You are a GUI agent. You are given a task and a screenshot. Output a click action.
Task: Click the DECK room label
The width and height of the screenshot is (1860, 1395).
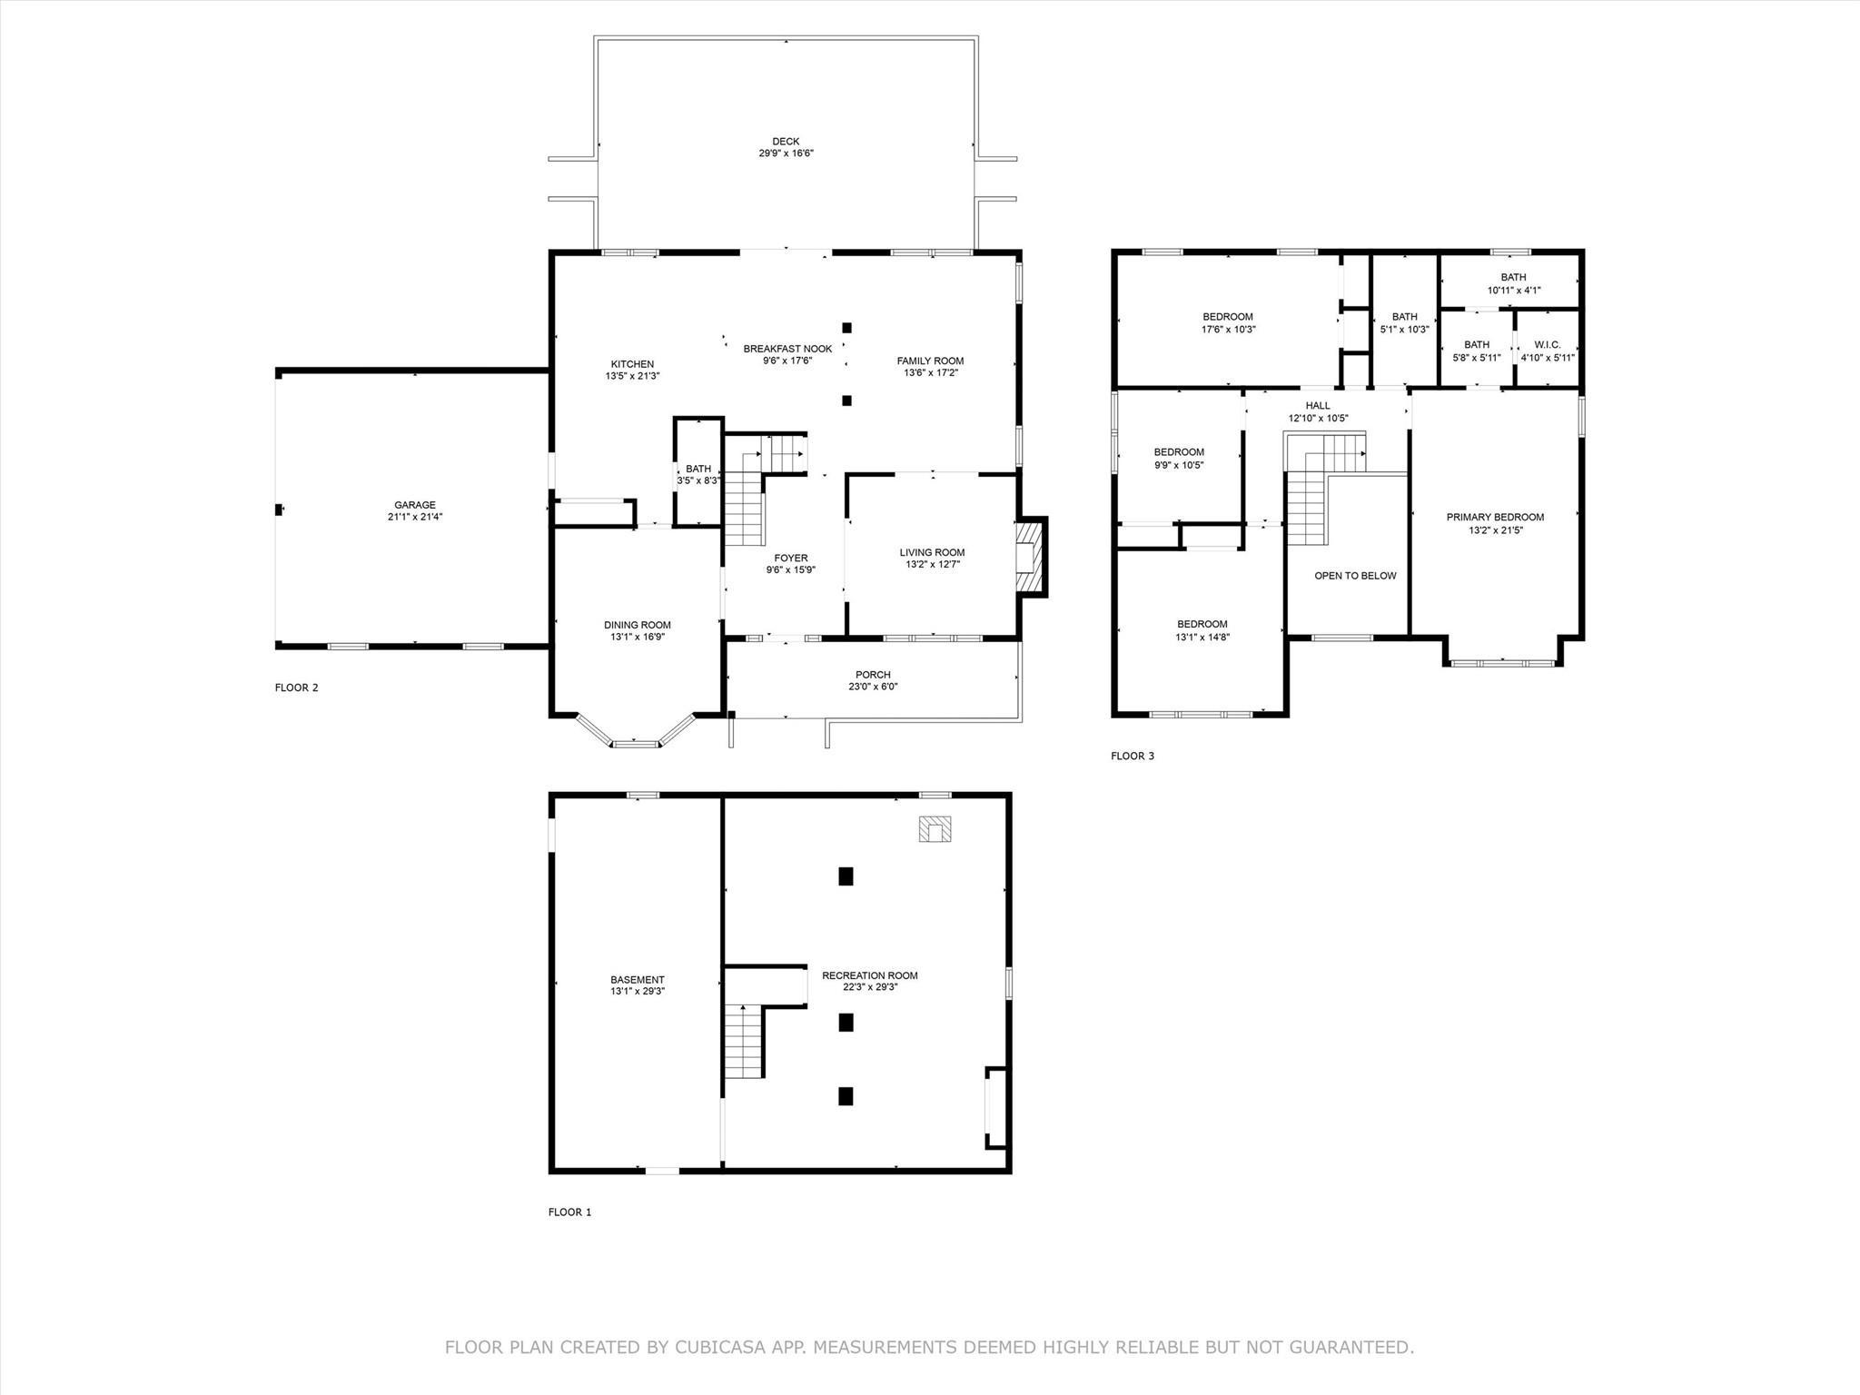pos(786,142)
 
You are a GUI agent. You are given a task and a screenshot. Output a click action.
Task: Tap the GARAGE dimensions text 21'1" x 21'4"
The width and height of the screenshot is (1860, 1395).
pos(414,518)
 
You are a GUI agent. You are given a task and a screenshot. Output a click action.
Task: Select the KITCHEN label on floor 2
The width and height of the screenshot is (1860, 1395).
pos(631,364)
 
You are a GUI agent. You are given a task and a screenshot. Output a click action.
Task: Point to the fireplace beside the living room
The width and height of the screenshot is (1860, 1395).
pos(1029,557)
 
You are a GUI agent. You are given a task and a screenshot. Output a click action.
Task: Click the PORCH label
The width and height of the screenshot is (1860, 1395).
pos(873,675)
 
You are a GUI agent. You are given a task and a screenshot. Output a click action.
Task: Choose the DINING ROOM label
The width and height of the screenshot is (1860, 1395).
pos(637,625)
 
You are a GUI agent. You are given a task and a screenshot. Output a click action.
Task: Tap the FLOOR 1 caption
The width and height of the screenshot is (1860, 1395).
pos(569,1212)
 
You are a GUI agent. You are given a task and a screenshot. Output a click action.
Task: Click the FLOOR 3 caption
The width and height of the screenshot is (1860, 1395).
pos(1132,756)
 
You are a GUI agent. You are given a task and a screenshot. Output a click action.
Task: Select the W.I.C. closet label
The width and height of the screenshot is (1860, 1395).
pos(1547,345)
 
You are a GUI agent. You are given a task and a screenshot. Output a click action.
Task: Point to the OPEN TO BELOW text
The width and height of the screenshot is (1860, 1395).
pos(1355,576)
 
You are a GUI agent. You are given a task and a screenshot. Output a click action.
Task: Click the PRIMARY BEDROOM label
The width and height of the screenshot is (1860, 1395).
pos(1495,518)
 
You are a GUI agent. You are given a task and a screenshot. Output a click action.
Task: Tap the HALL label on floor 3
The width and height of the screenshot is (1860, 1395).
pos(1317,406)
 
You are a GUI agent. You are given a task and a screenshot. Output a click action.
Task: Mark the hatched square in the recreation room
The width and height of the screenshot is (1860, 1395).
pos(935,829)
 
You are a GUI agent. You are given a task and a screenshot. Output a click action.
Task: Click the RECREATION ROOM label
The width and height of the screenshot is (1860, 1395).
pos(869,975)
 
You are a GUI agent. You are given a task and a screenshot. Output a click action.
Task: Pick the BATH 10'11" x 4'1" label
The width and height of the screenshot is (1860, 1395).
pos(1513,278)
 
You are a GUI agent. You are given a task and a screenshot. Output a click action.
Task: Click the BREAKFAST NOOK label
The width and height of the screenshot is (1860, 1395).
pos(787,349)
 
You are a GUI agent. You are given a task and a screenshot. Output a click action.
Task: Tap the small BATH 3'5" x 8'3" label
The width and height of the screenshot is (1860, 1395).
pos(698,470)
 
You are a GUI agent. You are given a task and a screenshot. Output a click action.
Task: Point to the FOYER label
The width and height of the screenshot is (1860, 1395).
pos(790,559)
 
